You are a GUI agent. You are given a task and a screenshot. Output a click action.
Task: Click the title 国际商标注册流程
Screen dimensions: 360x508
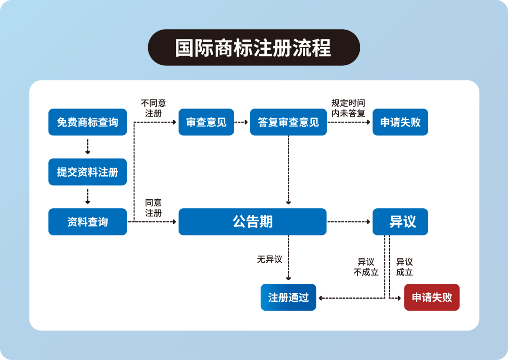tap(254, 47)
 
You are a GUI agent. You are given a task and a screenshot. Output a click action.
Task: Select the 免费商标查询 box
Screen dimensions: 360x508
tap(87, 122)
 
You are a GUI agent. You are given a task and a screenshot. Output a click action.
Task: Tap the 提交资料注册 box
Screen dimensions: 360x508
tap(87, 172)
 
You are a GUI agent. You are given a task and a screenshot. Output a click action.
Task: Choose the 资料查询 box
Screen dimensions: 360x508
tap(87, 222)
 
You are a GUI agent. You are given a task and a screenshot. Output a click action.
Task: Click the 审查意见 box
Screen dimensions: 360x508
tap(206, 122)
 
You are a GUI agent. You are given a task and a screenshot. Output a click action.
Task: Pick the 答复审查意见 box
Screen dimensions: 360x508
tap(288, 122)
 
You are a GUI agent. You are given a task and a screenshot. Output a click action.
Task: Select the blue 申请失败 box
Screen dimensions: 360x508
tap(400, 122)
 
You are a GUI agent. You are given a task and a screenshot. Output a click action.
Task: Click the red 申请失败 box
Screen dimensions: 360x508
tap(432, 297)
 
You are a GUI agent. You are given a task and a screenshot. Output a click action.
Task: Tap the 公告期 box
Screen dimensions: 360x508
tap(253, 222)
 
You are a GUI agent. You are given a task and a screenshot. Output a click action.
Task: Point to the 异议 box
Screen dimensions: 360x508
tap(400, 222)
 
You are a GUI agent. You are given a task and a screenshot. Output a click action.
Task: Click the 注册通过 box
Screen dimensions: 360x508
tap(288, 297)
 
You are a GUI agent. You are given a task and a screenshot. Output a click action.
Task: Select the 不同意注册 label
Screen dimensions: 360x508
tap(153, 108)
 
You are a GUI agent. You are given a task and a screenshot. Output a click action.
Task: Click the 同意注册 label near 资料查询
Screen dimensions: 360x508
tap(153, 208)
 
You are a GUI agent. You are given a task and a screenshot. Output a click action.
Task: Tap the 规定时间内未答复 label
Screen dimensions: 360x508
tap(348, 108)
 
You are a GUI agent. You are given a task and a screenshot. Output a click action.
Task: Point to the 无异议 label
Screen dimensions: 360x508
tap(270, 259)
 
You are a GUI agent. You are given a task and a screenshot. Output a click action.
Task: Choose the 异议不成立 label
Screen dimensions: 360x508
tap(366, 267)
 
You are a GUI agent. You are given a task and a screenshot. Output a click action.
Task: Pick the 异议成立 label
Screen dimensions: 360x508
tap(405, 267)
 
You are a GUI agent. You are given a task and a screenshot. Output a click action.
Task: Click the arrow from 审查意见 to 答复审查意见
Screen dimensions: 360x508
tap(242, 122)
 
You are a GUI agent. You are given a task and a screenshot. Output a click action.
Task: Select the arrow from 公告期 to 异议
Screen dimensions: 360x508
tap(349, 222)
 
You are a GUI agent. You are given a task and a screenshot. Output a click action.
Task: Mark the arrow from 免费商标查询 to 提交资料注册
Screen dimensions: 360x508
tap(87, 147)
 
